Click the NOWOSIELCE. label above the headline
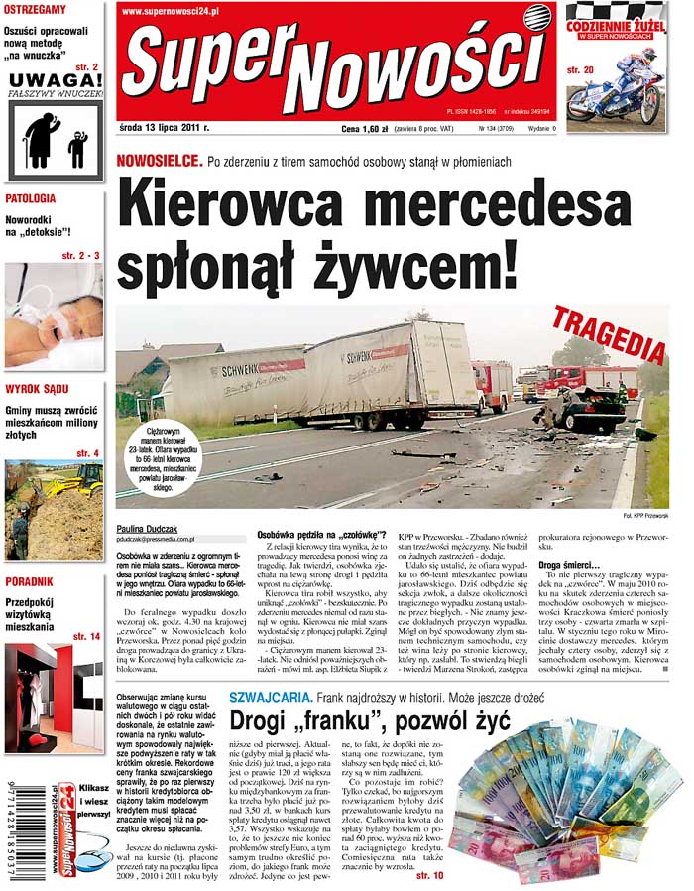pyautogui.click(x=157, y=161)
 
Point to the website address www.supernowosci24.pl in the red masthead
pyautogui.click(x=172, y=12)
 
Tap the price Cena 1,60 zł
pyautogui.click(x=363, y=128)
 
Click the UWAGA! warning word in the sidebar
pyautogui.click(x=56, y=79)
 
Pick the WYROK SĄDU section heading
pyautogui.click(x=37, y=388)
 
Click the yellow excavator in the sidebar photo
pyautogui.click(x=78, y=484)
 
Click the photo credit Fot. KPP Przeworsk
pyautogui.click(x=646, y=516)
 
